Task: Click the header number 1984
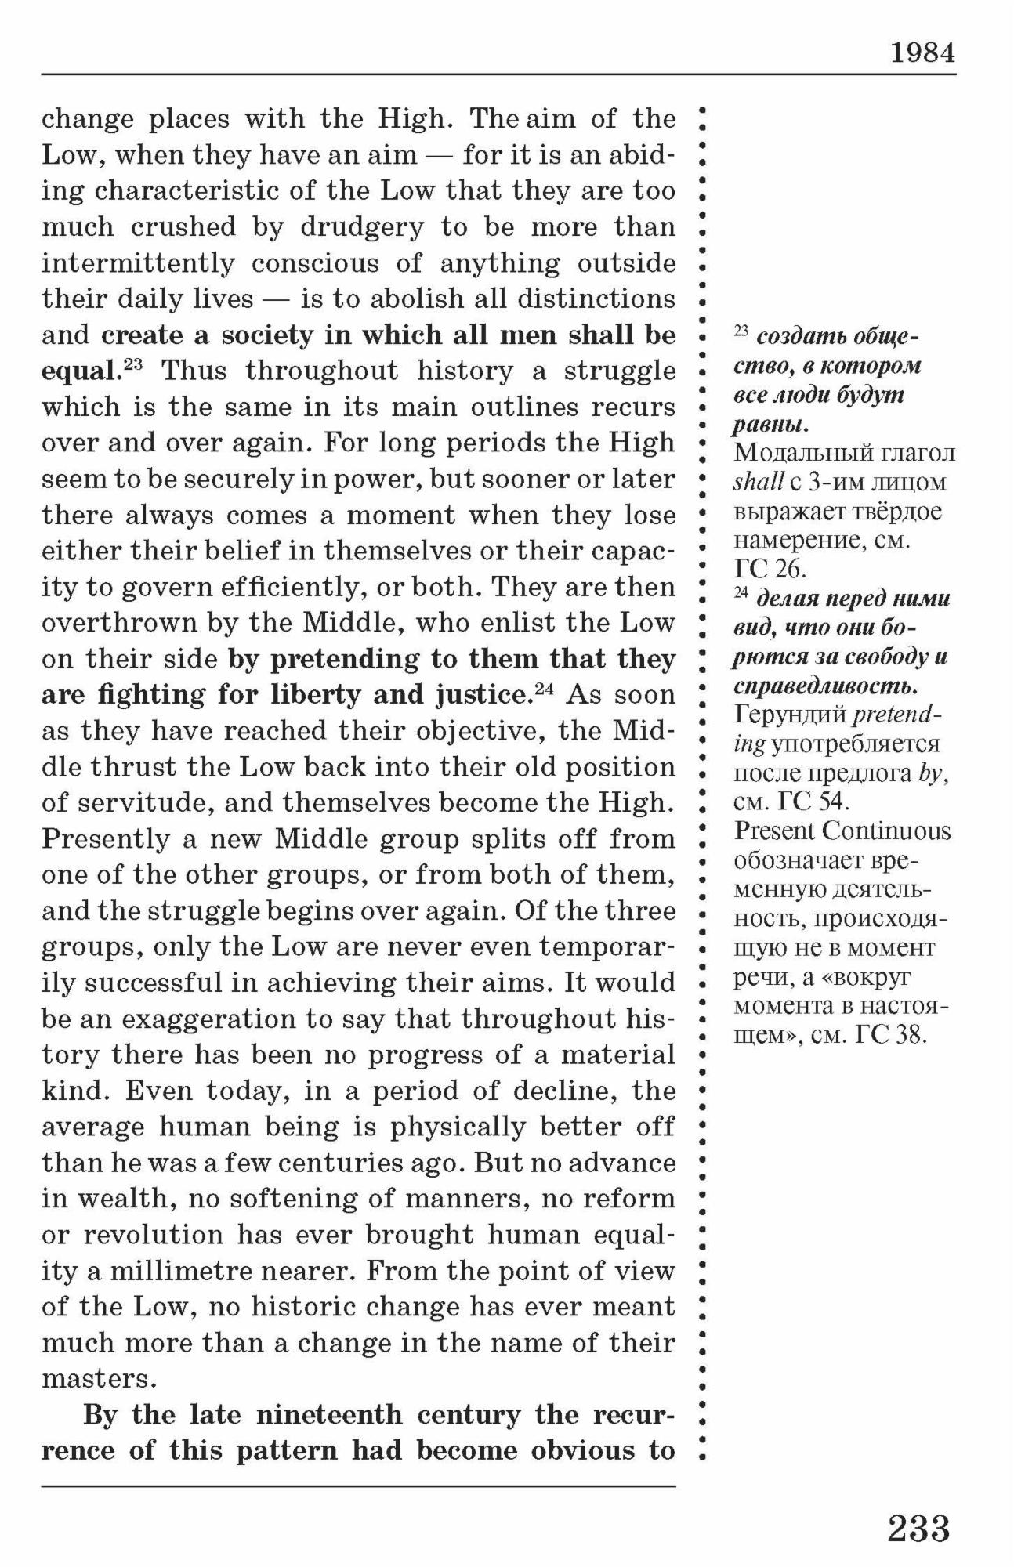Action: coord(922,52)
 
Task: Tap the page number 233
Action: coord(918,1528)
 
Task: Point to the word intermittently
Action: coord(138,263)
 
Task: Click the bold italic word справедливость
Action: coord(824,687)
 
